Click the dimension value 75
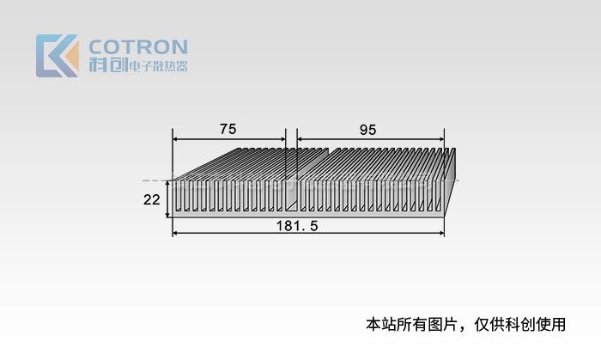[228, 129]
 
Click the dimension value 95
[367, 129]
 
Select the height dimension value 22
[152, 199]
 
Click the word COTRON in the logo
[138, 46]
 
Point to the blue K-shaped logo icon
[57, 56]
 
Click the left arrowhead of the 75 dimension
[176, 139]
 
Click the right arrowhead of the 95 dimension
[441, 139]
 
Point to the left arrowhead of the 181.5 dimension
[176, 233]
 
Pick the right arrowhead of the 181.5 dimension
[441, 233]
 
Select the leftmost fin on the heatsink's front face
[175, 196]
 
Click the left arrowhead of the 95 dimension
[300, 139]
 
